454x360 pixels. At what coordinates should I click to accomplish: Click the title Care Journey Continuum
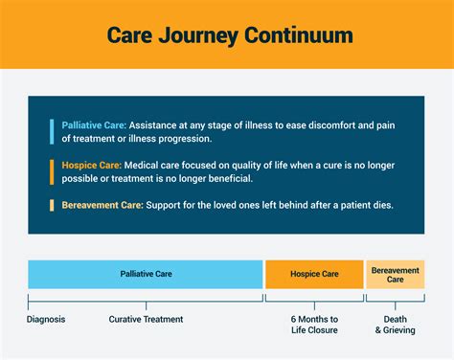coord(227,35)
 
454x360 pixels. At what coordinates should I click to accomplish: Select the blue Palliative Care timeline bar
coord(145,274)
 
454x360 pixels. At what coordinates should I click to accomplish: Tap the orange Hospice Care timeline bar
coord(314,274)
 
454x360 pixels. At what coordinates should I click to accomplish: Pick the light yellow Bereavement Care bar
coord(395,274)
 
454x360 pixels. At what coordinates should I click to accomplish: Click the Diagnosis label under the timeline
coord(46,319)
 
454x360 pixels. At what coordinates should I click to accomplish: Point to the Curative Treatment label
coord(146,319)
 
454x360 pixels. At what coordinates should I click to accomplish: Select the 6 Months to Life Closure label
coord(314,325)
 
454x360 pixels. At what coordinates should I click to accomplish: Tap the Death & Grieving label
coord(395,325)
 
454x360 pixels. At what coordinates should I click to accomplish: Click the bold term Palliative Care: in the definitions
coord(93,125)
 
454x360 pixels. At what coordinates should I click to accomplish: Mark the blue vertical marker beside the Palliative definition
coord(52,132)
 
